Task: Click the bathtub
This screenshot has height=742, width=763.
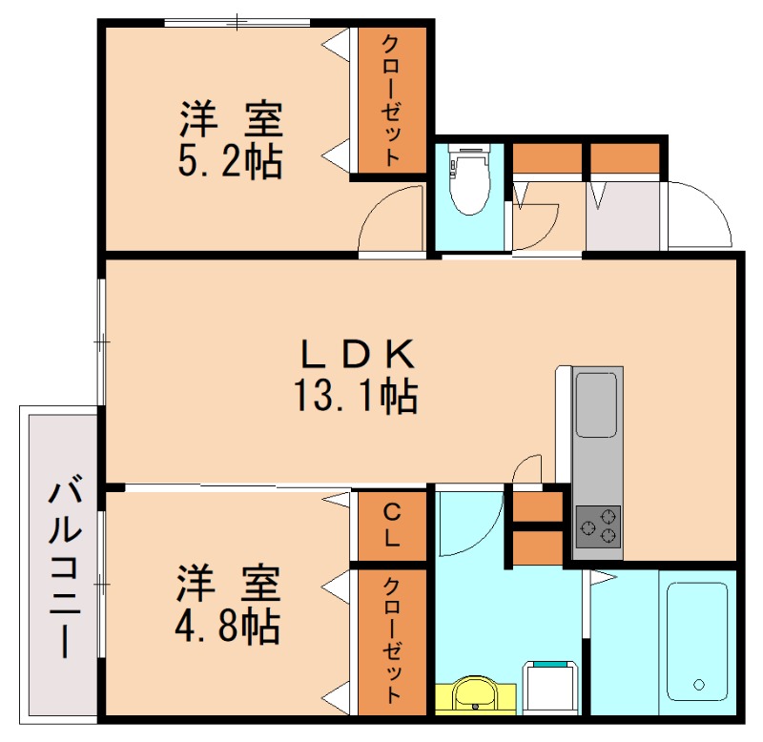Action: tap(698, 642)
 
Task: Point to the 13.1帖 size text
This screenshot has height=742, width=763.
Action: tap(356, 393)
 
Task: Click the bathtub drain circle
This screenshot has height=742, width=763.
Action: tap(699, 684)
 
